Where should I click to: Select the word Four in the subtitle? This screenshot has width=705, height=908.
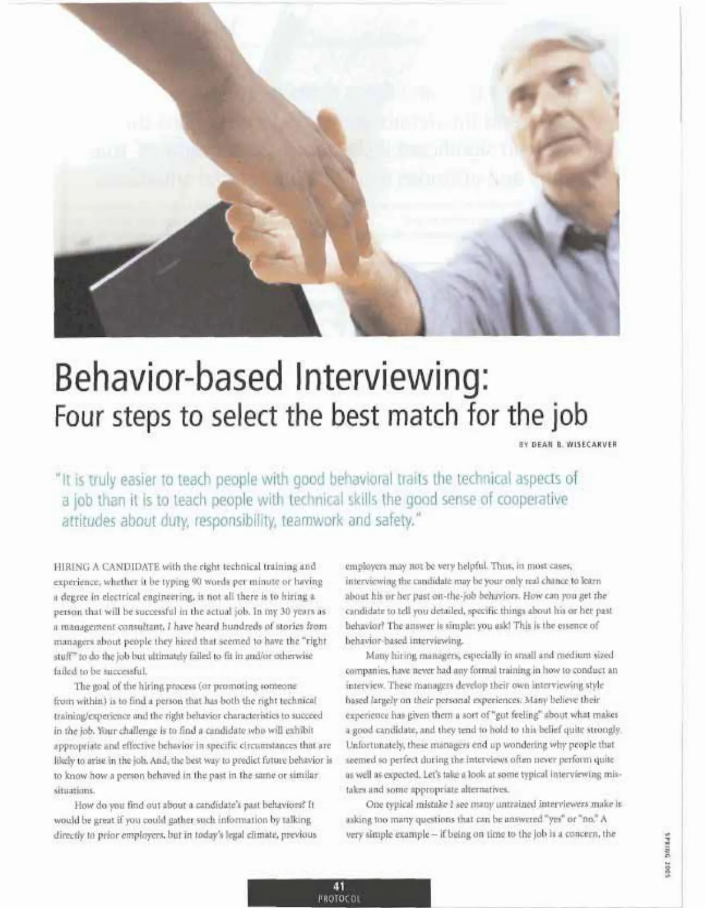pyautogui.click(x=77, y=416)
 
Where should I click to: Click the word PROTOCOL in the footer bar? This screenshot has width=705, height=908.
pyautogui.click(x=339, y=899)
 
